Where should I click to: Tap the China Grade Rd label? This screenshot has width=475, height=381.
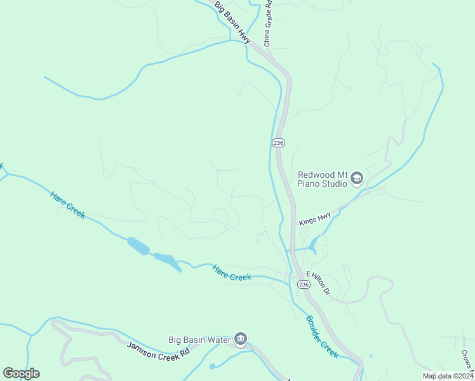pyautogui.click(x=268, y=23)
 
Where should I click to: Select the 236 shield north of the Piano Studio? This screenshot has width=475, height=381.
pyautogui.click(x=278, y=143)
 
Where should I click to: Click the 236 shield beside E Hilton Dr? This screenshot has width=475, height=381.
pyautogui.click(x=304, y=285)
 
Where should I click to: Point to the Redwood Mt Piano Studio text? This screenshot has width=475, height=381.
pyautogui.click(x=323, y=179)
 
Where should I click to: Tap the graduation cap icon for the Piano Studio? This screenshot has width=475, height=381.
pyautogui.click(x=356, y=179)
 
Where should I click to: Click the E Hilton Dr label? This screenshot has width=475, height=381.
pyautogui.click(x=318, y=283)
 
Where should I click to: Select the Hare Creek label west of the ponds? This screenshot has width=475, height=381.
pyautogui.click(x=67, y=205)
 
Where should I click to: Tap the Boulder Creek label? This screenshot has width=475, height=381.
pyautogui.click(x=322, y=337)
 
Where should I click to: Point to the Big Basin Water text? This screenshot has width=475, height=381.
pyautogui.click(x=198, y=340)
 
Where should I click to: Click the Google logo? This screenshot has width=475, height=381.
pyautogui.click(x=22, y=373)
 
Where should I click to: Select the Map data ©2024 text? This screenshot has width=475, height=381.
pyautogui.click(x=448, y=376)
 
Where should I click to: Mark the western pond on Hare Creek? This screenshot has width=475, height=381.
pyautogui.click(x=138, y=246)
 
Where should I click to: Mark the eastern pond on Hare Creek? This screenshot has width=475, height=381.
pyautogui.click(x=165, y=259)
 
